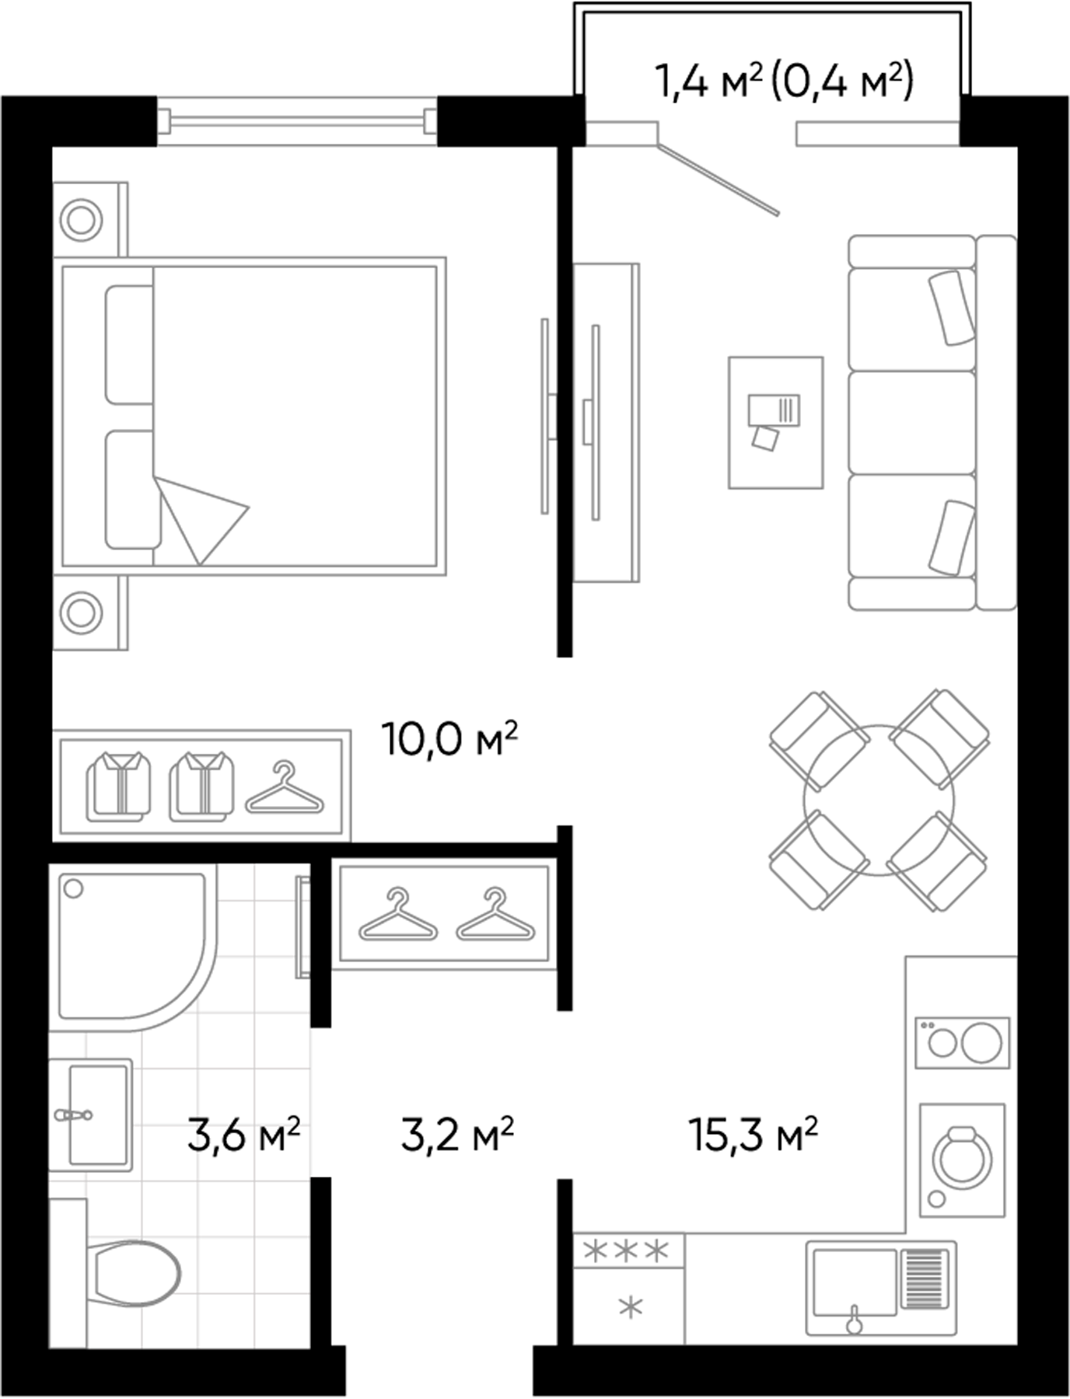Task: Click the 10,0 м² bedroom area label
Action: [x=449, y=739]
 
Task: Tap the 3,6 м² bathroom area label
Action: [x=243, y=1136]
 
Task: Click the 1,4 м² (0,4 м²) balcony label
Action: [x=784, y=81]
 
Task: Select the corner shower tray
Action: [x=128, y=944]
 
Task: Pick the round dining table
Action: [x=879, y=800]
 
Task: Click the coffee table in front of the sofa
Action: [x=775, y=423]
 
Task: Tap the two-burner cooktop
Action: [x=962, y=1042]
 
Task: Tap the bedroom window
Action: [x=297, y=120]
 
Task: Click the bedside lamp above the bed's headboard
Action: [x=82, y=220]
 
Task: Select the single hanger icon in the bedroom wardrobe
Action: [x=285, y=788]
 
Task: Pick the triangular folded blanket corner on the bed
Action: [x=199, y=516]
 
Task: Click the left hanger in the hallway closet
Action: [x=397, y=916]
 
